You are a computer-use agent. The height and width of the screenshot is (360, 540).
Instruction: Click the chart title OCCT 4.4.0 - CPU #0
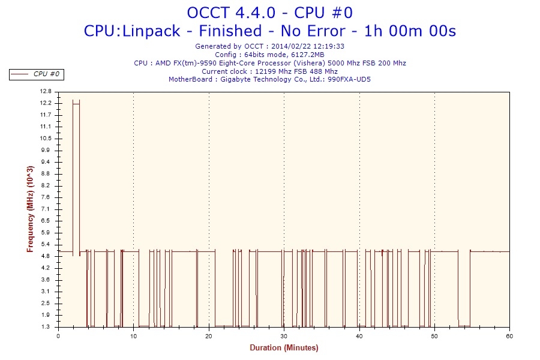coord(269,13)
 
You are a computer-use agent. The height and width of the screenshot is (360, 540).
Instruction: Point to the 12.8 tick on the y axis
coord(46,92)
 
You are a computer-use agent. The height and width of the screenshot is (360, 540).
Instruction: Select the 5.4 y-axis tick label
coord(46,244)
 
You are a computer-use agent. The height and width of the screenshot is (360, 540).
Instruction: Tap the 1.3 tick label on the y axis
coord(46,327)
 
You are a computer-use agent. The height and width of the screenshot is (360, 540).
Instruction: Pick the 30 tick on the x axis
coord(284,335)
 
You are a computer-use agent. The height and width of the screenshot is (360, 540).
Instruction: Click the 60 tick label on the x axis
coord(509,335)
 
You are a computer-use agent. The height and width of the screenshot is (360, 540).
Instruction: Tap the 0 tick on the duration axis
coord(58,335)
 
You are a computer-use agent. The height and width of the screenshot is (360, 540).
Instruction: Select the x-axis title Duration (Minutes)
coord(284,348)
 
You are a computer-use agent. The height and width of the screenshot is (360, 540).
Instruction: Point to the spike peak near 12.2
coord(76,101)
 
